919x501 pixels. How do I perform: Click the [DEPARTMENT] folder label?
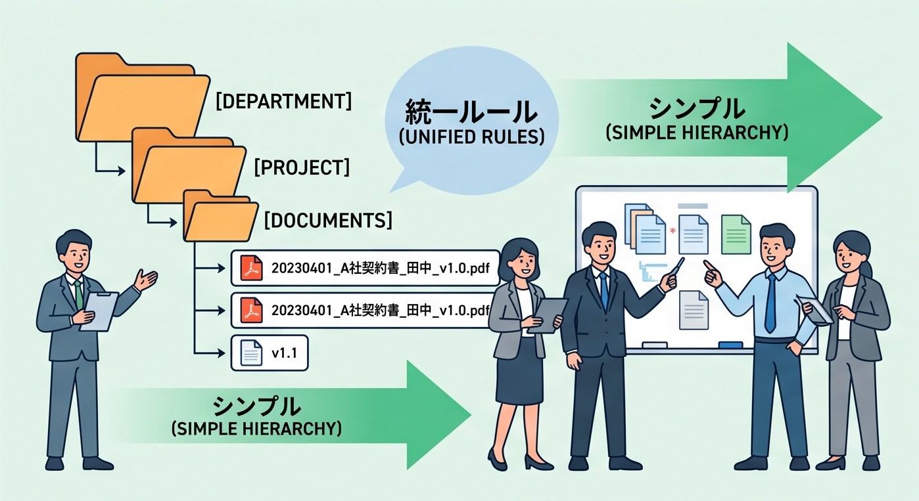coord(283,101)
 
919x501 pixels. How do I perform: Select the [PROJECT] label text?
coord(302,167)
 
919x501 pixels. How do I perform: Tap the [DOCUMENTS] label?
coord(328,221)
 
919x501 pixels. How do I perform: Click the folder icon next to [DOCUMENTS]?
coord(220,216)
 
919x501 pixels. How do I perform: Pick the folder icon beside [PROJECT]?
coord(189,165)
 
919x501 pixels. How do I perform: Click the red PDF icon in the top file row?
coord(252,268)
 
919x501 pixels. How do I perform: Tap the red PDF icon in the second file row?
coord(252,310)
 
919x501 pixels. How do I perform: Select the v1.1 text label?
coord(285,353)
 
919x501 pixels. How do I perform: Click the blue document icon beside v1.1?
coord(251,353)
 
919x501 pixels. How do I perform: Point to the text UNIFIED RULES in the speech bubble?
coord(471,137)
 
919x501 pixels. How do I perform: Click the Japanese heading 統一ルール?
coord(471,112)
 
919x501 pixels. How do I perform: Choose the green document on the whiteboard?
coord(736,234)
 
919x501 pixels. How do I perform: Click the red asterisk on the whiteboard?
coord(672,231)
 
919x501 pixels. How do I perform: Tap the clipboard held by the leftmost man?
coord(99,311)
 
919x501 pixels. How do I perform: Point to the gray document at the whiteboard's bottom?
coord(694,310)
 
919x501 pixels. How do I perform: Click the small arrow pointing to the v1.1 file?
coord(210,353)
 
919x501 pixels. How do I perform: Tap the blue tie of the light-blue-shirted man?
coord(770,302)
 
